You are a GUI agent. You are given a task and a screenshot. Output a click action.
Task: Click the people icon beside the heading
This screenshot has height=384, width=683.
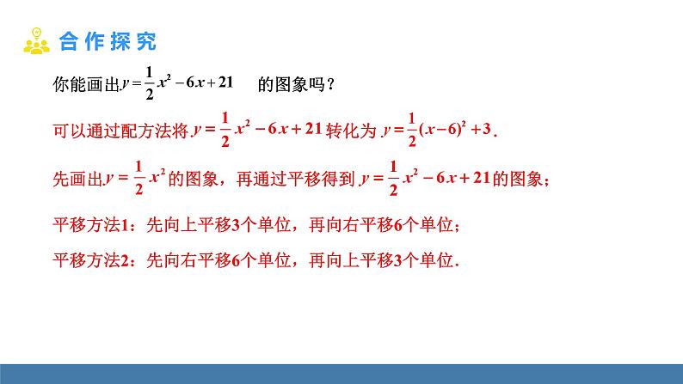[37, 40]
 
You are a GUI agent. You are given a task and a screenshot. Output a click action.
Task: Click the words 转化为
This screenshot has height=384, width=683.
[354, 131]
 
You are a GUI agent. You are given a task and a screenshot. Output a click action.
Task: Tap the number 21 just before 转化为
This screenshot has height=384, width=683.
[313, 129]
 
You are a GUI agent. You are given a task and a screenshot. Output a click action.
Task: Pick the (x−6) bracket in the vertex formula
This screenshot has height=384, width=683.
[441, 130]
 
